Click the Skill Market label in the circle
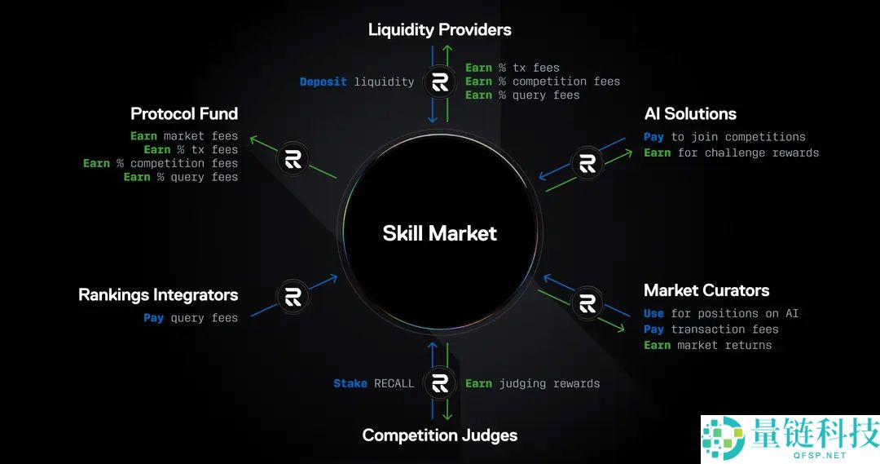point(439,233)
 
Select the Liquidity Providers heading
point(439,30)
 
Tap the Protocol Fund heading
point(184,113)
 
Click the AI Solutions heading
point(689,113)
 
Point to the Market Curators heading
point(706,290)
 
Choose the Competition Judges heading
point(439,435)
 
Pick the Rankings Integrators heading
point(158,294)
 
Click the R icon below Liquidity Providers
point(440,82)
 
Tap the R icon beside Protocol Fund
point(293,159)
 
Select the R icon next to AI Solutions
point(587,163)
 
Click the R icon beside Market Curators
point(587,303)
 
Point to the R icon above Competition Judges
point(440,382)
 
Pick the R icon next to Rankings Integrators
point(293,297)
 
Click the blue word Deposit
point(323,82)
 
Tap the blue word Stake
point(350,383)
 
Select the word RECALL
point(394,383)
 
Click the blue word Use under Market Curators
point(653,313)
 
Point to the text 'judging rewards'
point(549,383)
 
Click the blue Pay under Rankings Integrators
point(153,318)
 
